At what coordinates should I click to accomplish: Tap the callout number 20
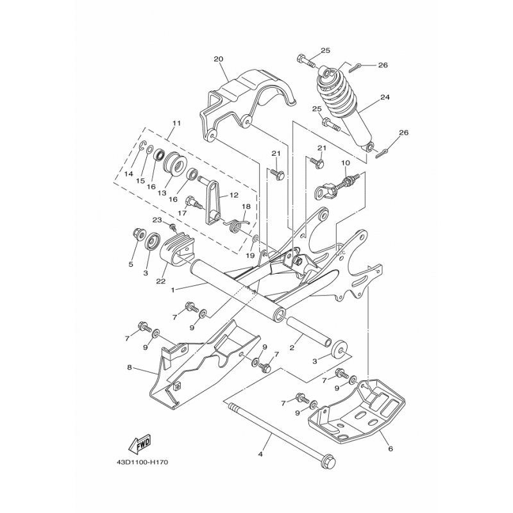(x=218, y=60)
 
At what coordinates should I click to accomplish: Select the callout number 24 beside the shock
(x=385, y=98)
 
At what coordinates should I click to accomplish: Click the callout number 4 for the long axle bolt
(x=260, y=454)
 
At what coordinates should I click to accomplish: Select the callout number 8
(x=130, y=368)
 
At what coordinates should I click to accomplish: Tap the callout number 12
(x=233, y=195)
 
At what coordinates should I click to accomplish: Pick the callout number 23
(x=157, y=220)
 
